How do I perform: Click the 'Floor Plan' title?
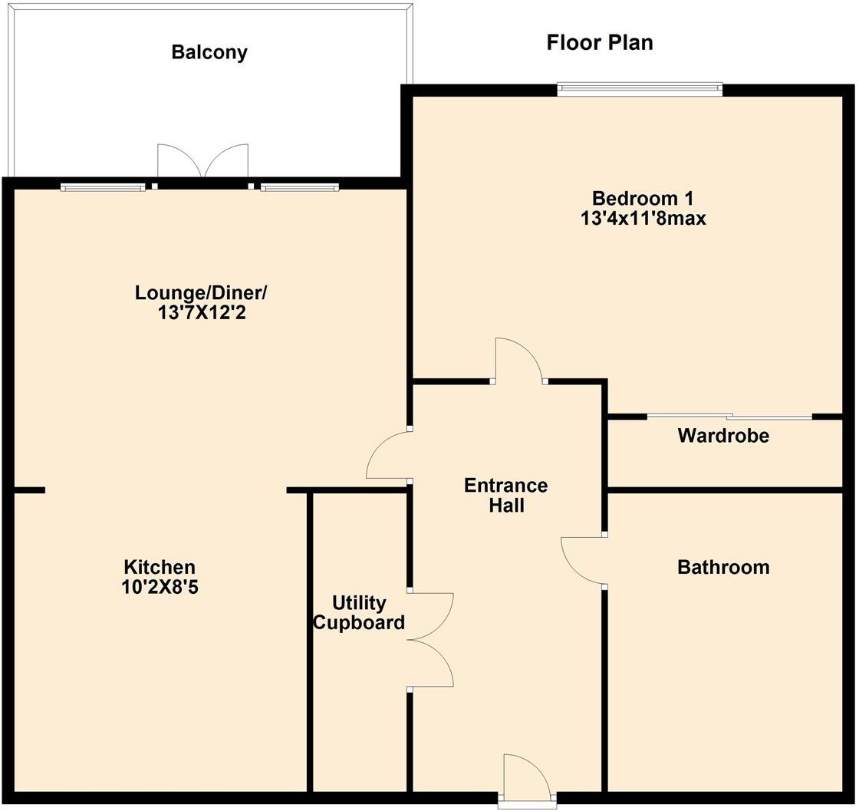pos(600,42)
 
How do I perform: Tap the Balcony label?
pos(209,52)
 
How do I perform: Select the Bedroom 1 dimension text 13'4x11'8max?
pos(643,219)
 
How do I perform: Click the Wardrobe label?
pos(723,437)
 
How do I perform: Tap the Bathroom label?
pos(723,567)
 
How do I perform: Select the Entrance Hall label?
pos(506,496)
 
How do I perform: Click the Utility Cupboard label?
pos(359,612)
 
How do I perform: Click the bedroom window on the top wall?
pos(640,89)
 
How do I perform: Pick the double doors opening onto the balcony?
pos(202,163)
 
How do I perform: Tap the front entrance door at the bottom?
pos(527,776)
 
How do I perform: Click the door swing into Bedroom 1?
pos(518,361)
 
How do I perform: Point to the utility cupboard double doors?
pos(433,638)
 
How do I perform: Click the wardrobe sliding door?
pos(729,417)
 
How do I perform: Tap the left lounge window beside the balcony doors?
pos(103,186)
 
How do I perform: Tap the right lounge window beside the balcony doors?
pos(300,186)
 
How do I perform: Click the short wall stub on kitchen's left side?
pos(29,490)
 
